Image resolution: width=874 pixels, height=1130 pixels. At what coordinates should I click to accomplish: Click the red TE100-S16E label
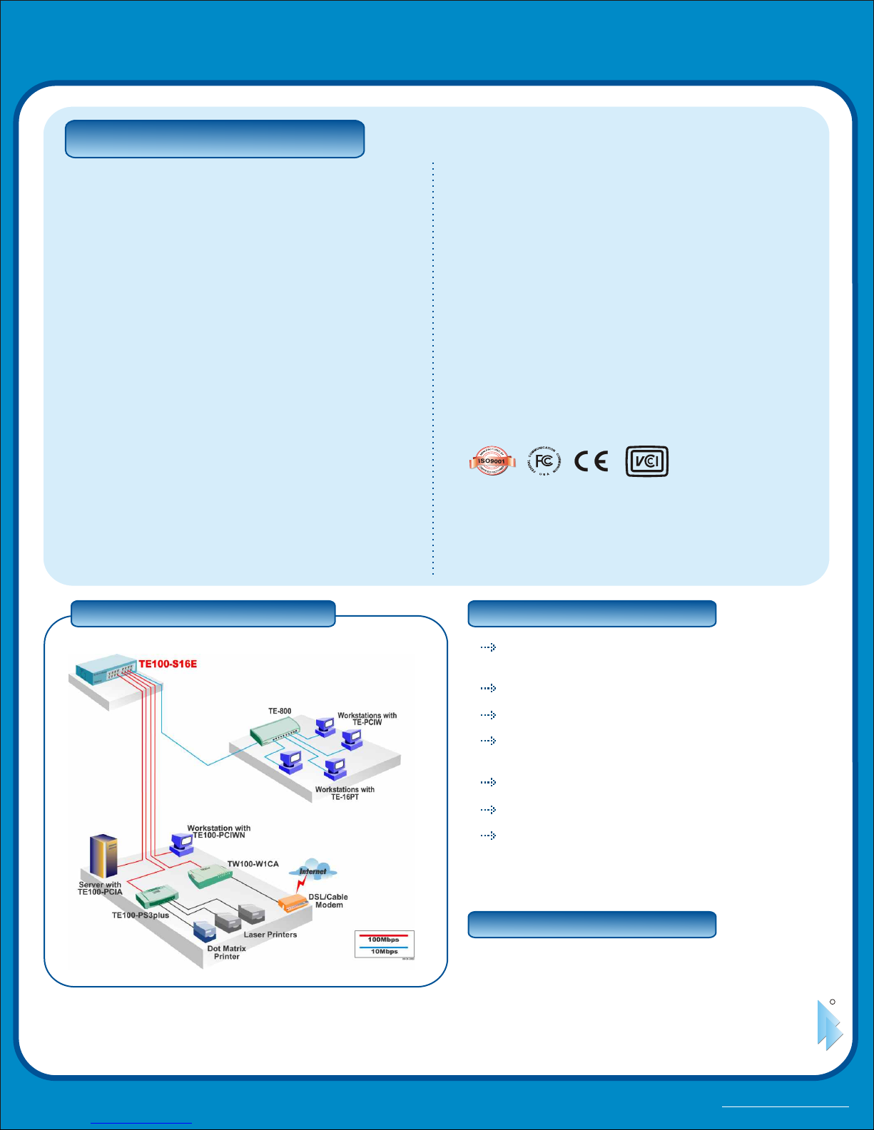click(168, 664)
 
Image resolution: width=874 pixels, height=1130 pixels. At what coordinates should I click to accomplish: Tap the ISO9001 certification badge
click(492, 461)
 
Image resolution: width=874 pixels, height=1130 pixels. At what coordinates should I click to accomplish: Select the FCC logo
click(544, 462)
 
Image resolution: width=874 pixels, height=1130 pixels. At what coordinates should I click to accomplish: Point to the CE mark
click(591, 462)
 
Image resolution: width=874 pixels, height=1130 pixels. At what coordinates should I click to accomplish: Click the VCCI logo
click(646, 461)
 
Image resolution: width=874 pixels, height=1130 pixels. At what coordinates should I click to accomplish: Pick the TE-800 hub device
click(275, 731)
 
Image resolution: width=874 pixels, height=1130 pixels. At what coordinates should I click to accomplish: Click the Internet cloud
click(313, 870)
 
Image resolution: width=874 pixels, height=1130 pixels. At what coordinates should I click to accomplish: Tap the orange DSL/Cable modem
click(293, 904)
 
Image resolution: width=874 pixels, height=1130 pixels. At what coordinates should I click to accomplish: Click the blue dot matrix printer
click(204, 931)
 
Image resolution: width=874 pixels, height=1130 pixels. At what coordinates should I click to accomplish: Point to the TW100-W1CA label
click(253, 864)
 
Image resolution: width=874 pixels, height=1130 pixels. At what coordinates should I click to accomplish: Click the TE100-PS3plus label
click(141, 915)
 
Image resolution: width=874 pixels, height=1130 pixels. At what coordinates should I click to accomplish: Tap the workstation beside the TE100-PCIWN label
click(181, 844)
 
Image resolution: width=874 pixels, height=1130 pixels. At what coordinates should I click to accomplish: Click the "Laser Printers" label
click(270, 935)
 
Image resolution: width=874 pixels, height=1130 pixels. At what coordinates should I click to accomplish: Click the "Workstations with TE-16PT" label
click(345, 793)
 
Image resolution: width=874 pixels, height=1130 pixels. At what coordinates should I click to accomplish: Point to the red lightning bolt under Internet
click(303, 885)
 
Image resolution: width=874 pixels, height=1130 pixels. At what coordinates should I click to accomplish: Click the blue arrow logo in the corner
click(829, 1026)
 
